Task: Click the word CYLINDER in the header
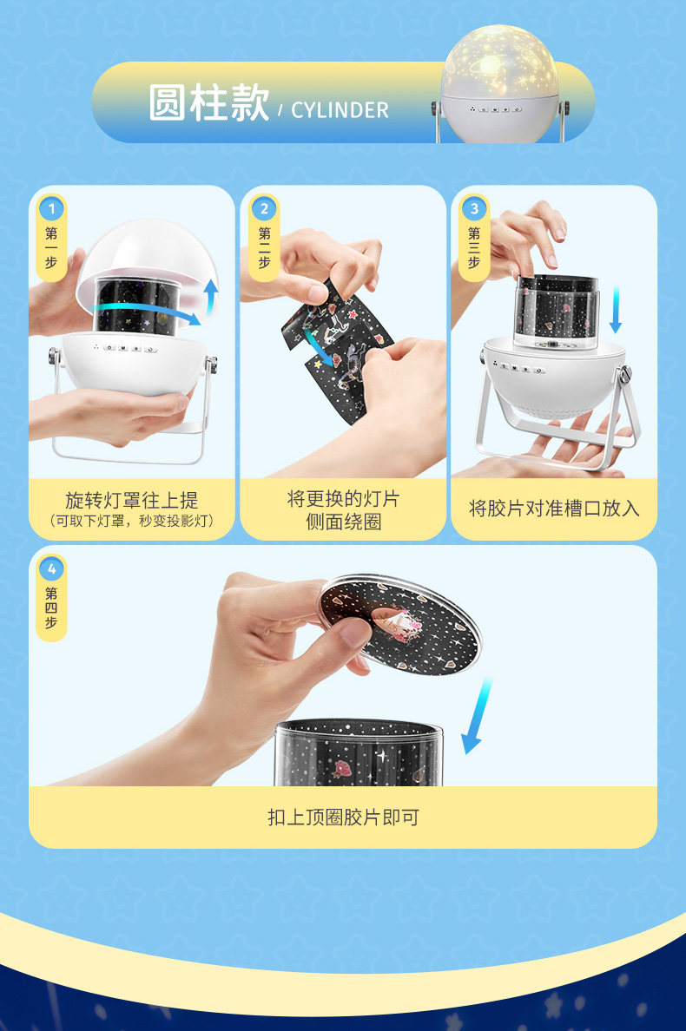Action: [340, 110]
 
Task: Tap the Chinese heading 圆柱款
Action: [209, 102]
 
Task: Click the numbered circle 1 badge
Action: [51, 209]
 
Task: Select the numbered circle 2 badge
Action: [264, 209]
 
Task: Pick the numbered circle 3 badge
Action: [474, 209]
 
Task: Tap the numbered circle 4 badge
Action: [51, 569]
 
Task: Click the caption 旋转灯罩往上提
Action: [131, 501]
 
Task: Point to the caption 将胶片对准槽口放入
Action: [554, 509]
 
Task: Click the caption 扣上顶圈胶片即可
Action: [343, 818]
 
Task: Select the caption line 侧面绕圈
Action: [343, 522]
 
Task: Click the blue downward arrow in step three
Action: [615, 309]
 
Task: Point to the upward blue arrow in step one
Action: [212, 297]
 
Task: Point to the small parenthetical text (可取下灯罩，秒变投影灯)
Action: [131, 521]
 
